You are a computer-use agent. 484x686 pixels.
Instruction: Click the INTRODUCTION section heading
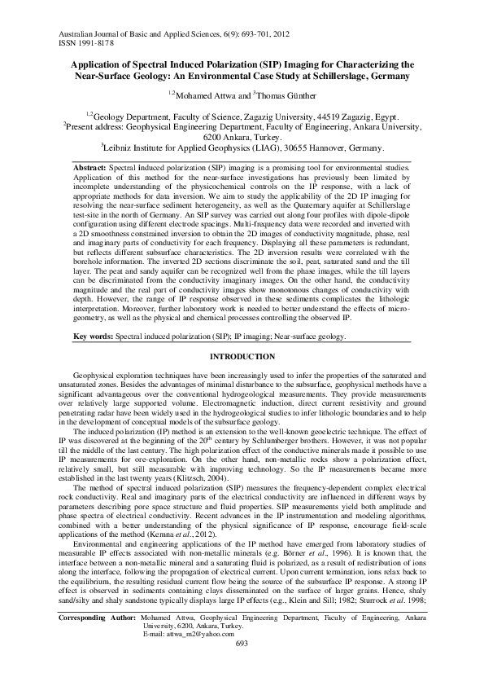point(242,380)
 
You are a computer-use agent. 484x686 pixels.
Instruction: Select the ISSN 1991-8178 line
point(85,38)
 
